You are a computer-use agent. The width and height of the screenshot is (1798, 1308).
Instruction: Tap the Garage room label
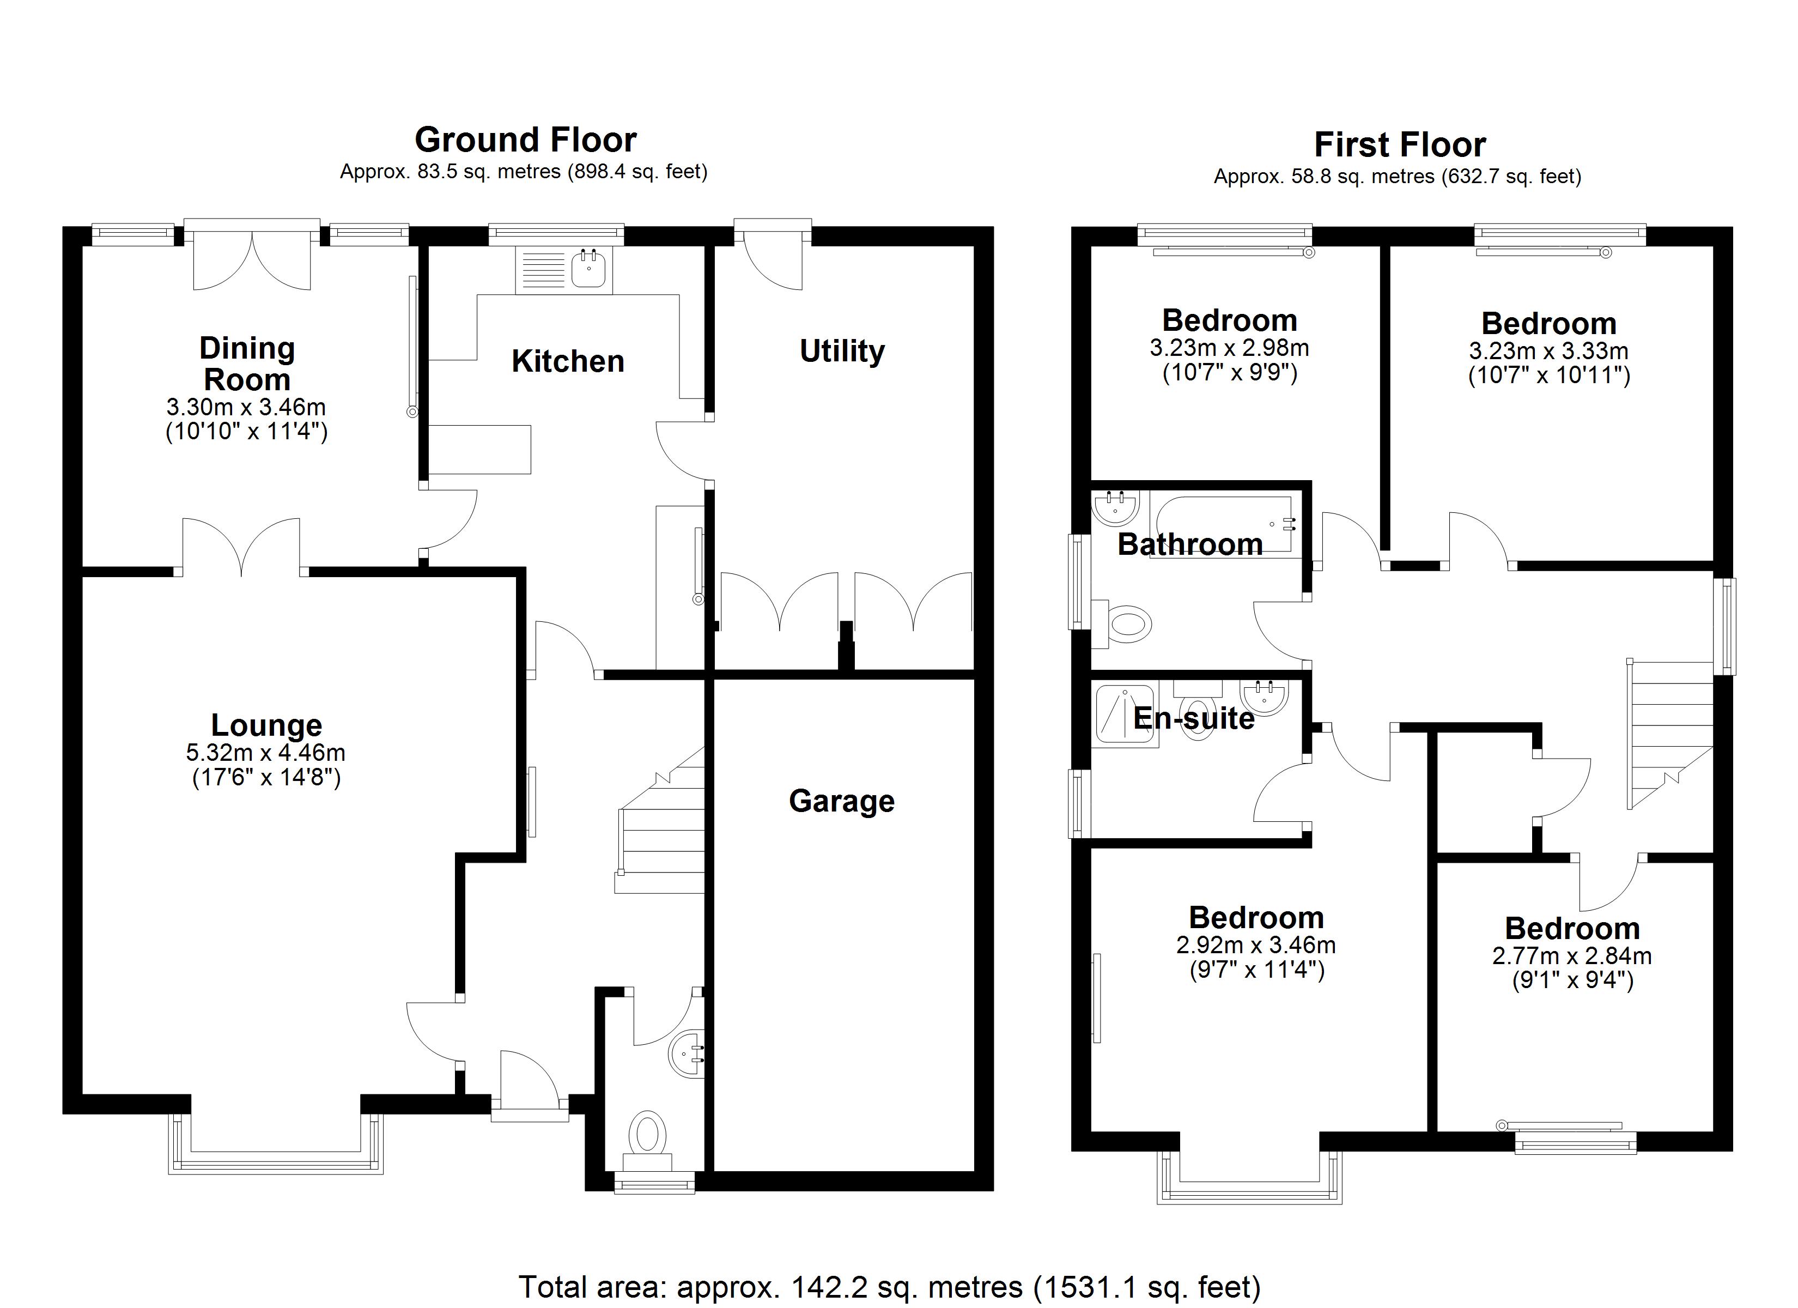tap(841, 801)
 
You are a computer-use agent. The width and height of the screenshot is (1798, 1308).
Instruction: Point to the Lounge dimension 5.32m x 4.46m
tap(265, 752)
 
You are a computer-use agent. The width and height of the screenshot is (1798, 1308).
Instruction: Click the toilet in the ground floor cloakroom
tap(648, 1133)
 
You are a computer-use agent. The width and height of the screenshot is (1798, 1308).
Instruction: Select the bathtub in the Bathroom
tap(1223, 524)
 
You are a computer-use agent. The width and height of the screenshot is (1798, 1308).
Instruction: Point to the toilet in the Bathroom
tap(1124, 624)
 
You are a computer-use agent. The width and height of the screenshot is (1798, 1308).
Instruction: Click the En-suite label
tap(1193, 718)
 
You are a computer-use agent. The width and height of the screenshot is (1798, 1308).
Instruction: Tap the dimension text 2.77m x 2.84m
tap(1571, 956)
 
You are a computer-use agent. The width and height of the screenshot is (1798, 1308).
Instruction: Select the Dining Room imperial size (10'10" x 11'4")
tap(247, 432)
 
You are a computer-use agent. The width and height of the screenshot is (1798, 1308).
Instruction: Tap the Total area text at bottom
tap(890, 1286)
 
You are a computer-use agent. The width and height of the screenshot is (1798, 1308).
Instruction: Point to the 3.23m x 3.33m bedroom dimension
tap(1548, 350)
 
